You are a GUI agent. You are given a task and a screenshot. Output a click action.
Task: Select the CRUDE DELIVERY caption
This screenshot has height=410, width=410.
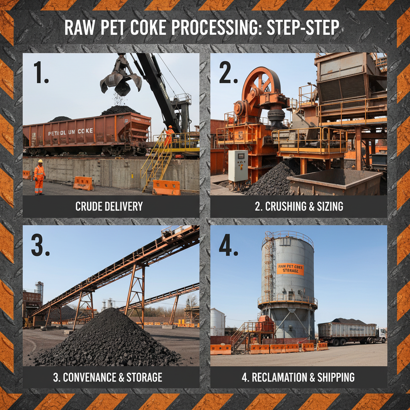pyautogui.click(x=109, y=207)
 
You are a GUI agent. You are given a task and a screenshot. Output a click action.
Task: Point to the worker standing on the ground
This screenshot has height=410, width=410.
pyautogui.click(x=39, y=177)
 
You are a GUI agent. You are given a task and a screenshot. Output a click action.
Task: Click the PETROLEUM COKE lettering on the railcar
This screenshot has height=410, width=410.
pyautogui.click(x=70, y=131)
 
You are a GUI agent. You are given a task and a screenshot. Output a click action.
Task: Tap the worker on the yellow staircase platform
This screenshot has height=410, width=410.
pyautogui.click(x=169, y=136)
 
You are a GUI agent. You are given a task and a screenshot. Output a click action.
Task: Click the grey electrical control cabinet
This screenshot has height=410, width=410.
pyautogui.click(x=238, y=166)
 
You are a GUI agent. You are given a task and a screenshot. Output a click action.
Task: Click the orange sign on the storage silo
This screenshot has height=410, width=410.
pyautogui.click(x=290, y=269)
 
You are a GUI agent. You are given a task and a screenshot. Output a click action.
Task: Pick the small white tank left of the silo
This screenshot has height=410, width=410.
pyautogui.click(x=217, y=321)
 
